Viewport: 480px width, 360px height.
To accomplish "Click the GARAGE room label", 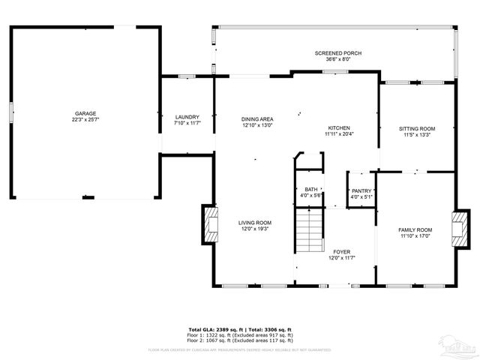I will [x=85, y=113].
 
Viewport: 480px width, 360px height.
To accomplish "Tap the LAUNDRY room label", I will [x=187, y=117].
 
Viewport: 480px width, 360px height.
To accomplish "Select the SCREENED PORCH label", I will [x=337, y=53].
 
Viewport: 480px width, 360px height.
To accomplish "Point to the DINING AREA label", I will [x=256, y=119].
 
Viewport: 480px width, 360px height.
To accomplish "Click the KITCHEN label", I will [x=339, y=128].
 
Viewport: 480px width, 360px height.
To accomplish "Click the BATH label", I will [x=310, y=189].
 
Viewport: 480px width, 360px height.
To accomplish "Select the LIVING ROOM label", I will [x=254, y=223].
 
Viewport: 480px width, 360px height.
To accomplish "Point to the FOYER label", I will [x=341, y=252].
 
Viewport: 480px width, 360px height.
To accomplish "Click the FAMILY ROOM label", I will [x=415, y=229].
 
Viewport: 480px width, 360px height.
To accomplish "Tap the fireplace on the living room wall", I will [x=210, y=224].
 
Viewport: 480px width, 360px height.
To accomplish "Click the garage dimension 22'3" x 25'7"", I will [x=85, y=120].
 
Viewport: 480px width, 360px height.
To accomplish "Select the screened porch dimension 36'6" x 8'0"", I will [x=337, y=59].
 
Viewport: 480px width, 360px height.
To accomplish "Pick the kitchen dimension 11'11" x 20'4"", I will [x=339, y=135].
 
